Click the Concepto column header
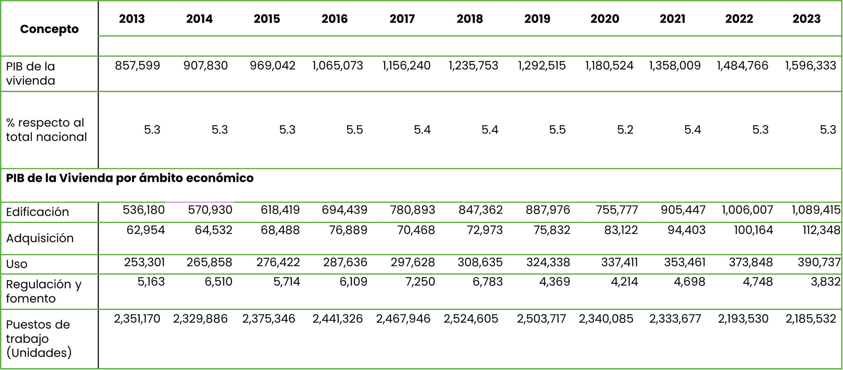click(49, 29)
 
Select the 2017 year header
click(402, 19)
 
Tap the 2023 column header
click(806, 19)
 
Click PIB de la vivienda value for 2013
click(137, 65)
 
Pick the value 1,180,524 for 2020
click(609, 65)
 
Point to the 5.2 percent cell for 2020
click(625, 130)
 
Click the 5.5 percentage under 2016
click(354, 130)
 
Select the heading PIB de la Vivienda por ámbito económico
click(130, 178)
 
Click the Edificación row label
click(38, 212)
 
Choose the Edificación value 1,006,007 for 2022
click(747, 210)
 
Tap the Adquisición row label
click(40, 238)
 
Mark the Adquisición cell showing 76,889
click(348, 230)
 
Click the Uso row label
click(16, 264)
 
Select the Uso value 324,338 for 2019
click(548, 262)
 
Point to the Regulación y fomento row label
click(44, 291)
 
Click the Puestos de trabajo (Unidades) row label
click(38, 338)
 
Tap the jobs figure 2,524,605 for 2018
click(471, 319)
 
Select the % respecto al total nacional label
click(46, 130)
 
